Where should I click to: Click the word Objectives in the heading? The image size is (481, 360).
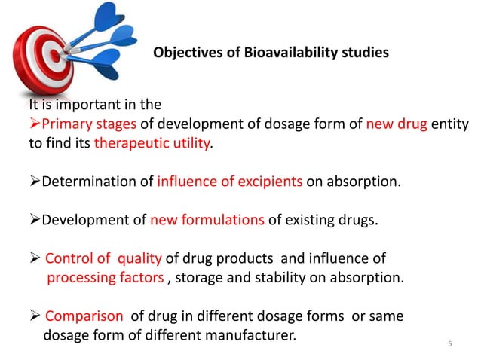[185, 53]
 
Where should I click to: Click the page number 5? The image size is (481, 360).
[450, 345]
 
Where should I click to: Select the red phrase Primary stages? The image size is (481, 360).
[82, 124]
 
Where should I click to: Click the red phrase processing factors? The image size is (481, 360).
[105, 278]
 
